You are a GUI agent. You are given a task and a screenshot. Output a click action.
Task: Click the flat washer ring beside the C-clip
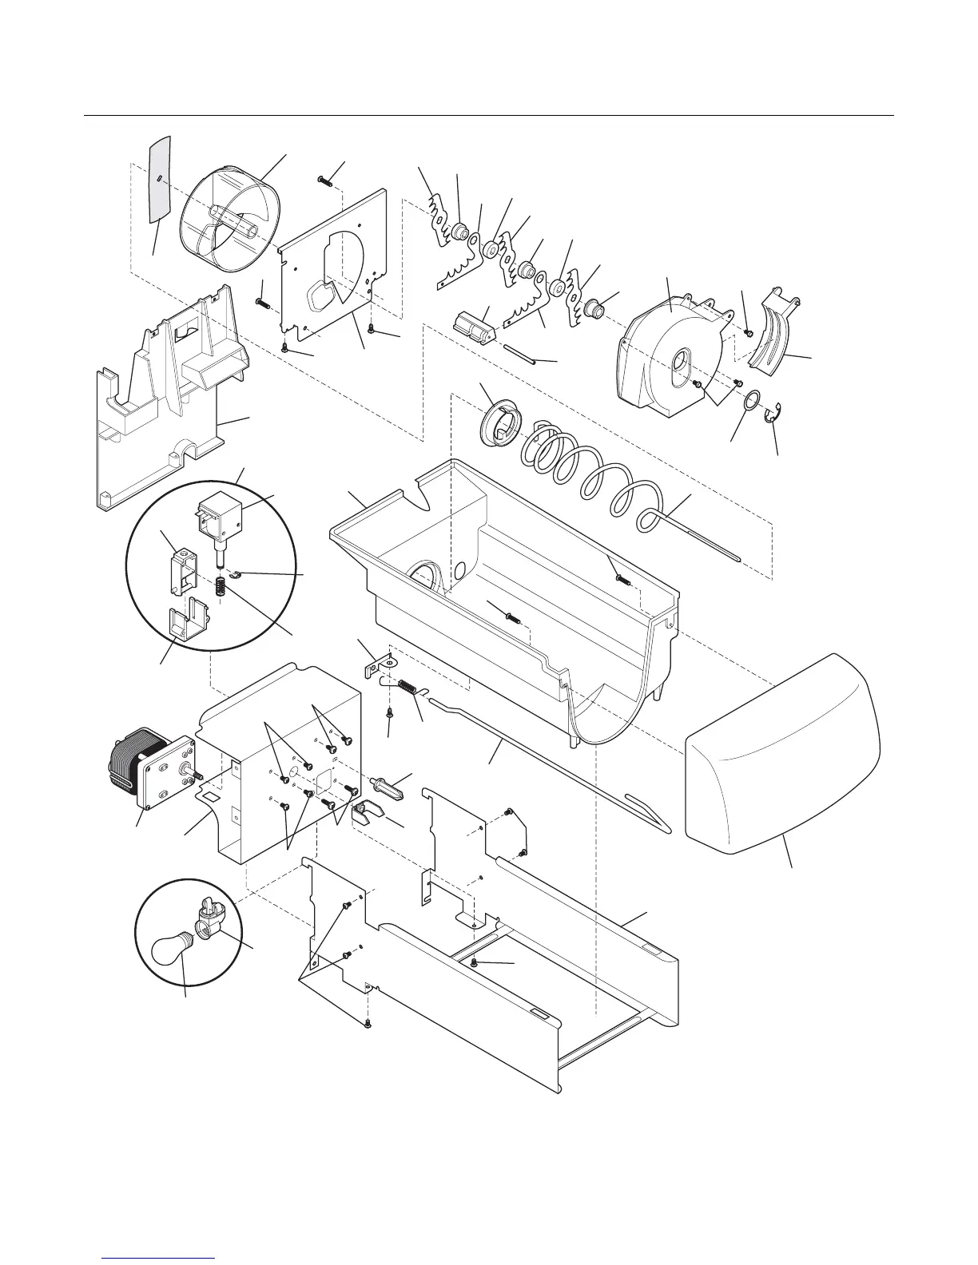pos(751,401)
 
